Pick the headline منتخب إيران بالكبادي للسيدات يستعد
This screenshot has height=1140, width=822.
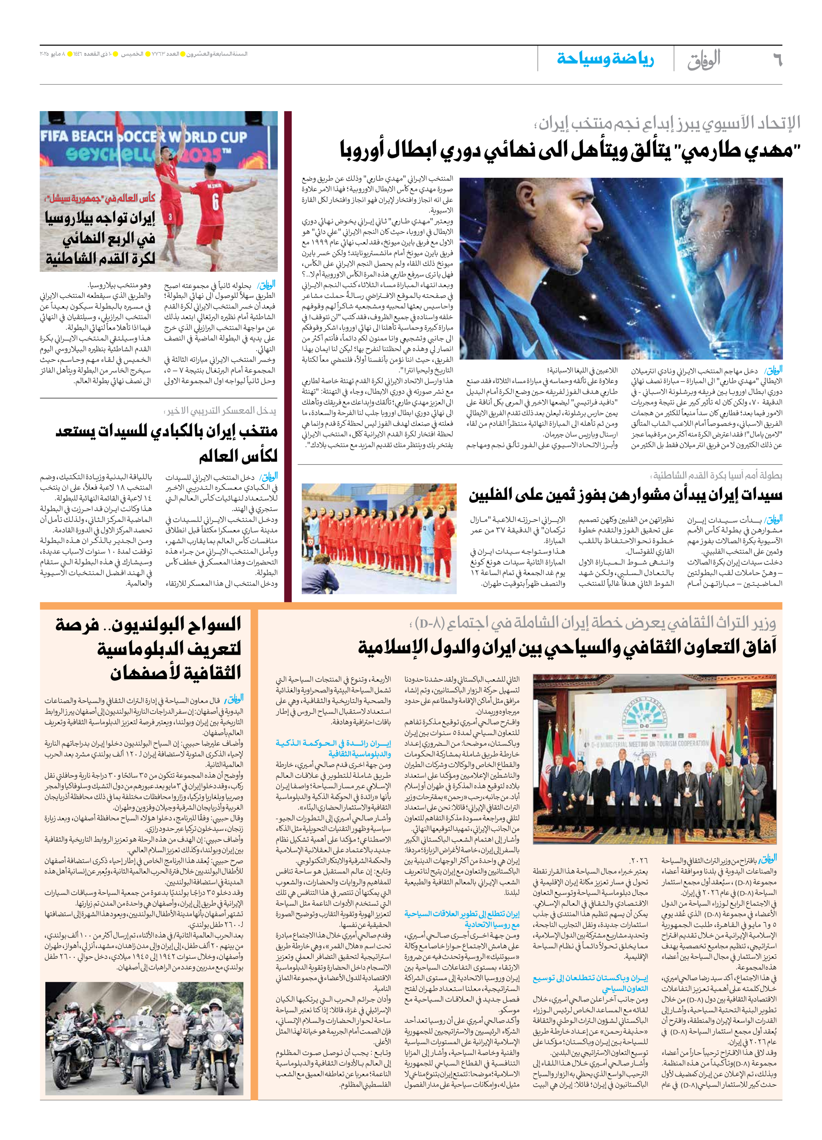click(x=166, y=443)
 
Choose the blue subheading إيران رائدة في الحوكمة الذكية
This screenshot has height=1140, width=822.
click(x=334, y=749)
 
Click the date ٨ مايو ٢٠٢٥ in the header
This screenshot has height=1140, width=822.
click(x=53, y=54)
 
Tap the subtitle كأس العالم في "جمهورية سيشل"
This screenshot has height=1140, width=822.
click(x=101, y=198)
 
